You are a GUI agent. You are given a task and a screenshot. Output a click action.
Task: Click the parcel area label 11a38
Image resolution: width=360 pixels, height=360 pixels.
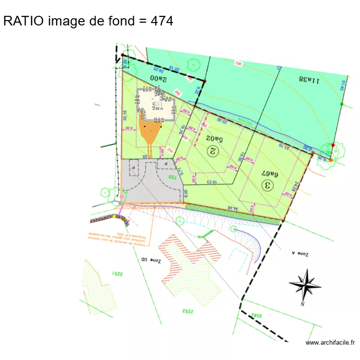click(x=309, y=80)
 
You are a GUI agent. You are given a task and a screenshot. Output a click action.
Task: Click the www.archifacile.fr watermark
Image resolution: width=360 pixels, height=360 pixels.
click(x=330, y=342)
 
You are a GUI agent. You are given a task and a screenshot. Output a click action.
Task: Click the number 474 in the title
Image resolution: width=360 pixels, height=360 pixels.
click(x=162, y=21)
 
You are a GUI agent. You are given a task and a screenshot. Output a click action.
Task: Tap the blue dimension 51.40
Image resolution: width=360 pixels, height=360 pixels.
click(x=344, y=85)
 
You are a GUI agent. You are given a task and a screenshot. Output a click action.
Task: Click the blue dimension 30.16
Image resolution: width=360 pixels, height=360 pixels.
click(x=125, y=115)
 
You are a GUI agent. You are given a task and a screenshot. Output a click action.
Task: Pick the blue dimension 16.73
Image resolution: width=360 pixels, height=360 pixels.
click(x=212, y=182)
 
